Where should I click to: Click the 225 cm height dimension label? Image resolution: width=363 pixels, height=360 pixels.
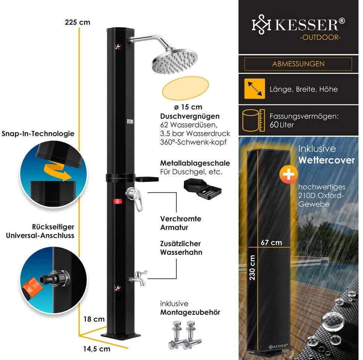[77, 22]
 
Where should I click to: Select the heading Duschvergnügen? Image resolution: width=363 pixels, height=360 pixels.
[190, 116]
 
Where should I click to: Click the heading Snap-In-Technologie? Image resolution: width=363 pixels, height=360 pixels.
[37, 133]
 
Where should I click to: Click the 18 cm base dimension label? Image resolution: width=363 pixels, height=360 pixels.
[93, 319]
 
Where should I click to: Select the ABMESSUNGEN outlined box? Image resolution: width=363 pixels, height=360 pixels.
[298, 64]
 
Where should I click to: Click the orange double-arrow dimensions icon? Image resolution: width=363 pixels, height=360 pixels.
[255, 89]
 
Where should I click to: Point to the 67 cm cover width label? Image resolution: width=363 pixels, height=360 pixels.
[271, 242]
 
